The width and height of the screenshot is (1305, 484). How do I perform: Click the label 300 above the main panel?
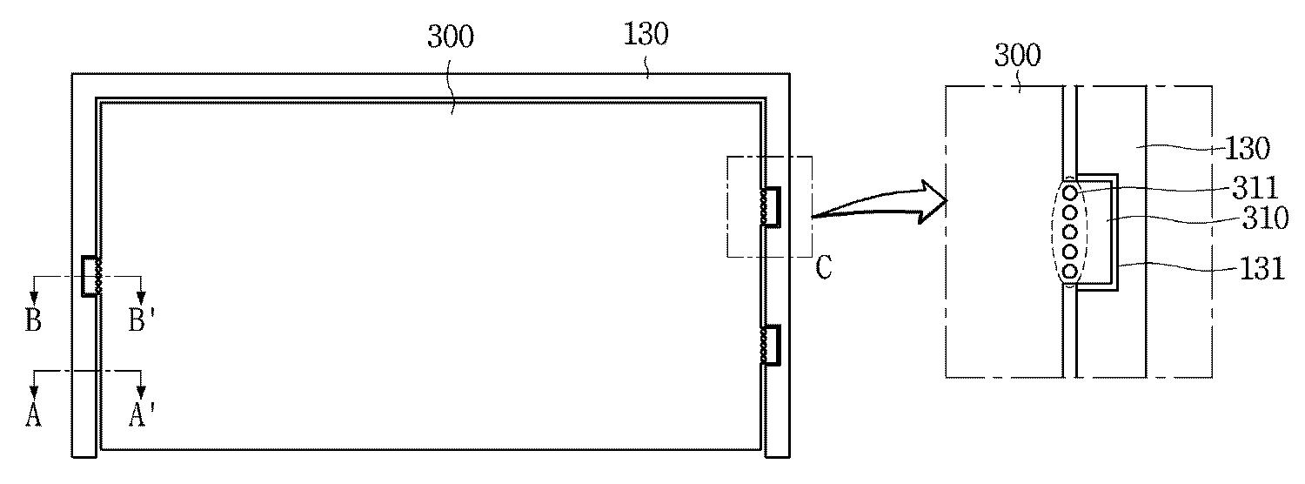(451, 37)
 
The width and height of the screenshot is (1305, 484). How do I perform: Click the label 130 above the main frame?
(646, 35)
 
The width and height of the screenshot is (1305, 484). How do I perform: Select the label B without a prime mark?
(33, 320)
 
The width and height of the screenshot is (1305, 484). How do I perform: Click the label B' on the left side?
(141, 320)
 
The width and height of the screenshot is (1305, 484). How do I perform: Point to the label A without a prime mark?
(33, 416)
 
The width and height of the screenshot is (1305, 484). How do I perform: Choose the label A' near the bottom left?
(141, 416)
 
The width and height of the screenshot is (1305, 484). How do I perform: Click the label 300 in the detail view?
(1017, 57)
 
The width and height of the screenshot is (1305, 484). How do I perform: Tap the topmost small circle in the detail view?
(1070, 192)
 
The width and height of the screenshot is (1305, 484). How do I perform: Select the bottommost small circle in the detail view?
(1070, 272)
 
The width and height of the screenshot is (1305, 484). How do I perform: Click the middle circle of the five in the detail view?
(1070, 232)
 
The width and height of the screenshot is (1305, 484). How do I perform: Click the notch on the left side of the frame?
(90, 276)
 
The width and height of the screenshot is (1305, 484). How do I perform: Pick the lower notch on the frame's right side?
(772, 345)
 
